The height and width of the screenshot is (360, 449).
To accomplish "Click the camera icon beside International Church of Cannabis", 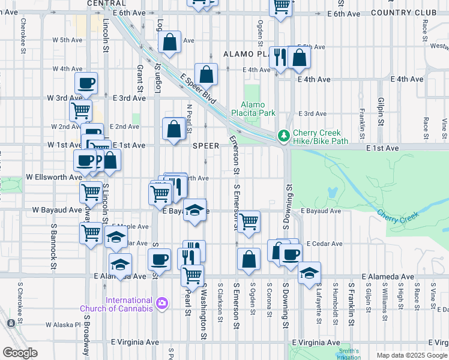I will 161,304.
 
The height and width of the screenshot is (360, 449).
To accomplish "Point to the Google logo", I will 20,352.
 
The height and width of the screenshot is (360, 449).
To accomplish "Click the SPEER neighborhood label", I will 205,146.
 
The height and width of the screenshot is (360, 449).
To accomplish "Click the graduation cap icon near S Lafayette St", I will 309,272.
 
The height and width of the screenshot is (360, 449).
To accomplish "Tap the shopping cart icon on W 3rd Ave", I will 80,110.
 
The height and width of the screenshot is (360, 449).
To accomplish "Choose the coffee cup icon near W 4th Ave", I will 86,82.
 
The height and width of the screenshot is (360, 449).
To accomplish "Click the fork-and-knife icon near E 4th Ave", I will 279,58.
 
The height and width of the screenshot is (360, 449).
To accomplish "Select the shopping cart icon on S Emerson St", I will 248,221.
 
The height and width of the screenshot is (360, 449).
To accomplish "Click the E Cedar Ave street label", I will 324,244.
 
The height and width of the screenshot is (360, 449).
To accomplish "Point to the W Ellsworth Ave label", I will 54,178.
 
